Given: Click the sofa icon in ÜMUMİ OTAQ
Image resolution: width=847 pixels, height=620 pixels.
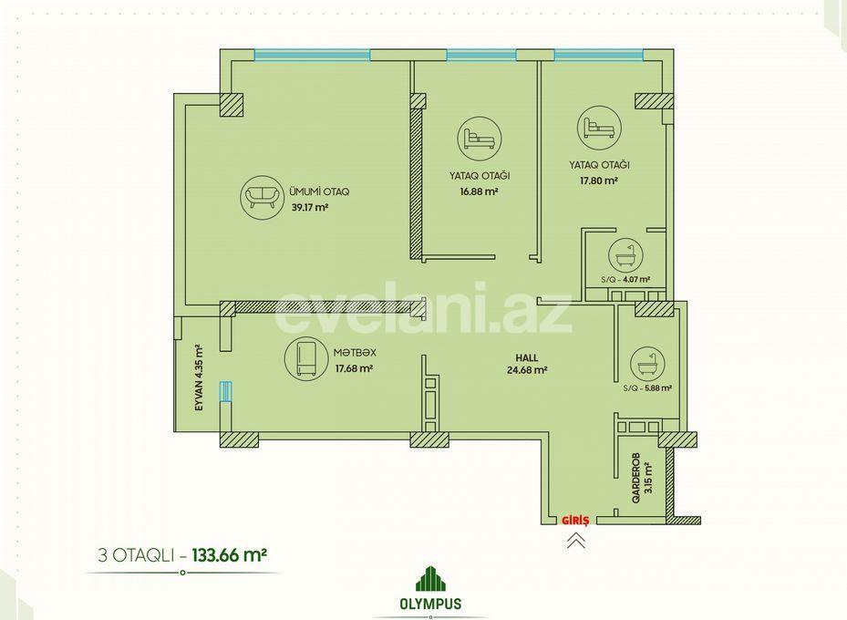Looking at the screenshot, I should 261,198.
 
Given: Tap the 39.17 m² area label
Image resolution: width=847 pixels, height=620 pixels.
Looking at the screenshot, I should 310,207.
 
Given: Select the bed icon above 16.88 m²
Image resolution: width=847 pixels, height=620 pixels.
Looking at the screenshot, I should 479,139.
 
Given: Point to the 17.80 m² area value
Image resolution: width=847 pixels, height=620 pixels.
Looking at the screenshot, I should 599,181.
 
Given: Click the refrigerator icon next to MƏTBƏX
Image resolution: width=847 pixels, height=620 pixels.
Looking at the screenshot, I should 304,359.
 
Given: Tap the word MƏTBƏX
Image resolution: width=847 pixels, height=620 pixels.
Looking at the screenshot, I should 355,353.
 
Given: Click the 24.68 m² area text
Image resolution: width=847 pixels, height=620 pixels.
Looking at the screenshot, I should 526,370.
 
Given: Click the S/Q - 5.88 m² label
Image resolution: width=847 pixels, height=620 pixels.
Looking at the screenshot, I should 647,387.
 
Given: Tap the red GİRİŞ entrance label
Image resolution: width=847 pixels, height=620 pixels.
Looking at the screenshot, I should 577,521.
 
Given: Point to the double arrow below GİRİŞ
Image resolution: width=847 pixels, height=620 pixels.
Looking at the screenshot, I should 576,541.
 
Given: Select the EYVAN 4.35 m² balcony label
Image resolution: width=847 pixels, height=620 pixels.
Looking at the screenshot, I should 198,377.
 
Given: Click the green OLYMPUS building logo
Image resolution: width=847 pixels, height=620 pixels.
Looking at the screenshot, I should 429,578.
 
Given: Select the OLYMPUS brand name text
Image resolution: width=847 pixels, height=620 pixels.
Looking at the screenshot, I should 429,604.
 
